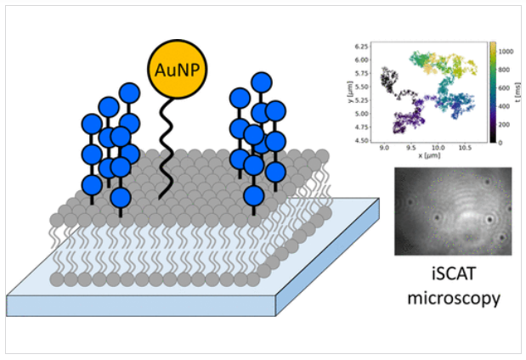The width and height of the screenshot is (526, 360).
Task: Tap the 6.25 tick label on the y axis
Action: point(364,44)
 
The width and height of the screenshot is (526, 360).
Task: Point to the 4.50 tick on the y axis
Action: point(364,139)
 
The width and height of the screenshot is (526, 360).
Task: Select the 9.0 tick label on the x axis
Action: point(387,148)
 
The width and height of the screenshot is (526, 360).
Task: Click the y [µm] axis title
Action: point(351,91)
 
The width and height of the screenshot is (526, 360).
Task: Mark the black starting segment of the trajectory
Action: point(392,81)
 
